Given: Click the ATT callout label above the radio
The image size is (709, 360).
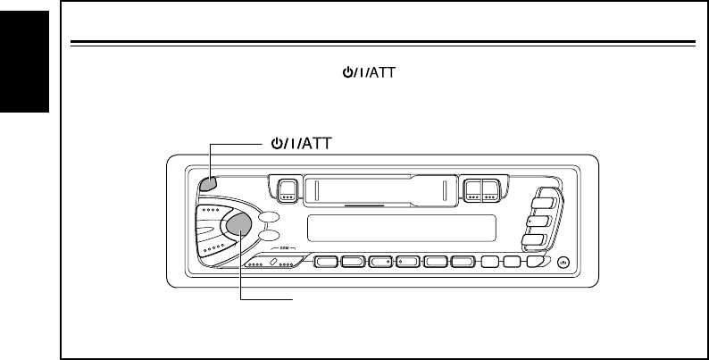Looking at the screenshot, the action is [305, 142].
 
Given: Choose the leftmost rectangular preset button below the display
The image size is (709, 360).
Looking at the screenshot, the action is [328, 263].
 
